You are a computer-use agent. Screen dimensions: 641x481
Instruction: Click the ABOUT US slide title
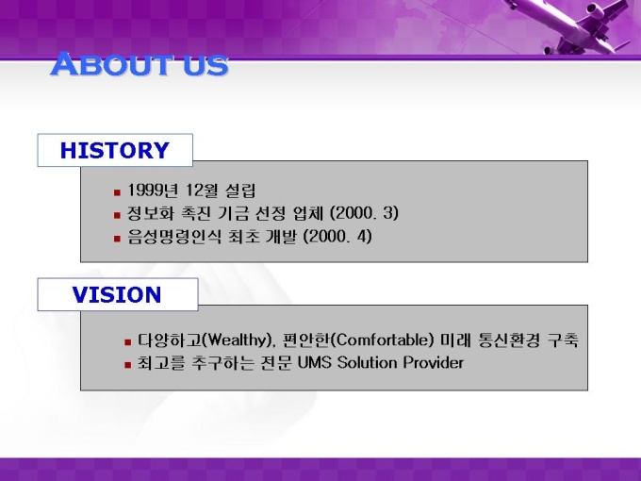[x=139, y=64]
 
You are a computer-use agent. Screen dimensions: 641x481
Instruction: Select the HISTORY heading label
[x=115, y=150]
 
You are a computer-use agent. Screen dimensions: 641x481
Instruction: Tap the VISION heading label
[x=117, y=294]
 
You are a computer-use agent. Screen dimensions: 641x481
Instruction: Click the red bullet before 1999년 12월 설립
[x=117, y=191]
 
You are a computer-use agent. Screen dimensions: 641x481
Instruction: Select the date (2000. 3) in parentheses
[x=364, y=213]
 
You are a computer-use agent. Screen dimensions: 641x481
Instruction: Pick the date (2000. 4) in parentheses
[x=337, y=237]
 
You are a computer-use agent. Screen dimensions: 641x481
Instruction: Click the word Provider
[x=434, y=363]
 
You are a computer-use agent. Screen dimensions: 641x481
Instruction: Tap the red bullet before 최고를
[x=128, y=364]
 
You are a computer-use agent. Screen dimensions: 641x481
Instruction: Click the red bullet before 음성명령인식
[x=117, y=238]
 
